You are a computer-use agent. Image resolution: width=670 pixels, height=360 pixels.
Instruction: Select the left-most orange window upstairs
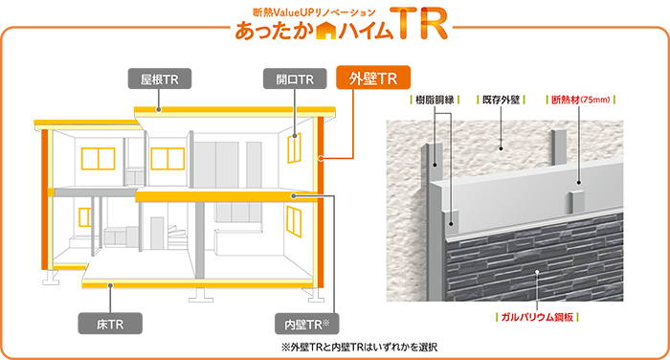(x=97, y=157)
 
